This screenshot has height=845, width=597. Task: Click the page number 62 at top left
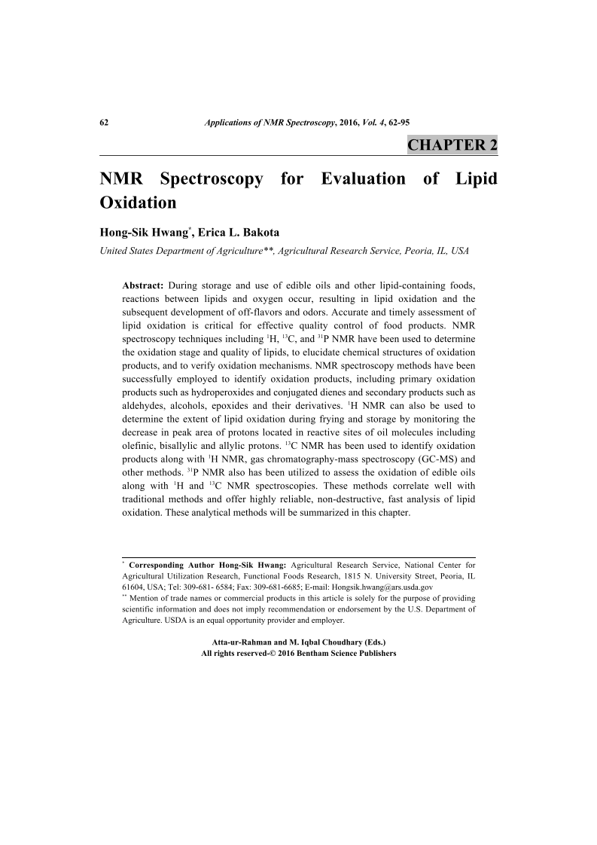pyautogui.click(x=105, y=122)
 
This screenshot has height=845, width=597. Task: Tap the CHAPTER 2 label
pyautogui.click(x=452, y=145)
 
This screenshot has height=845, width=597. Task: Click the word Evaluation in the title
pyautogui.click(x=362, y=180)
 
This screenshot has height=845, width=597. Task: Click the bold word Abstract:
pyautogui.click(x=143, y=285)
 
